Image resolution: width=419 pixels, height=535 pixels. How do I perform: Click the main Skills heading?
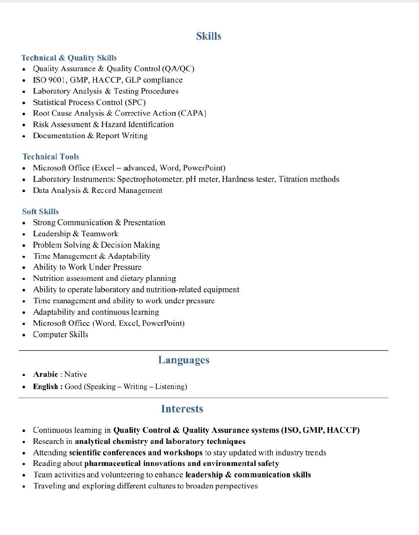[x=208, y=36]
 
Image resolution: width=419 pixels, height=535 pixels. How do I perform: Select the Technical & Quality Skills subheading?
[x=69, y=58]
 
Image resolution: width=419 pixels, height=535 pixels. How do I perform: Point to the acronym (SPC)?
[x=135, y=102]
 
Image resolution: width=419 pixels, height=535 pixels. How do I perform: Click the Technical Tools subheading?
[x=51, y=157]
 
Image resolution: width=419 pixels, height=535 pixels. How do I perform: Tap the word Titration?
[x=293, y=179]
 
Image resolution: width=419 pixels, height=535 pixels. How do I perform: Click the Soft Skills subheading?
[x=41, y=211]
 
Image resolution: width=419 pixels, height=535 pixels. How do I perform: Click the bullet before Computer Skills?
[x=24, y=335]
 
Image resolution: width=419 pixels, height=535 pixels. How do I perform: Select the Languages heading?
[x=184, y=360]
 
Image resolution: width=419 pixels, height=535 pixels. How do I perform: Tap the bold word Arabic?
[x=45, y=374]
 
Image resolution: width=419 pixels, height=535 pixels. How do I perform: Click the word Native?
[x=76, y=374]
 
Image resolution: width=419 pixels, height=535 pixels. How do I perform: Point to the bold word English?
[x=45, y=387]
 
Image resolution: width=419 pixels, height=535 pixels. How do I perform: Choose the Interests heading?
[x=182, y=409]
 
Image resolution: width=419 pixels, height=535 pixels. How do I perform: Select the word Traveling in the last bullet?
[x=49, y=486]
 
